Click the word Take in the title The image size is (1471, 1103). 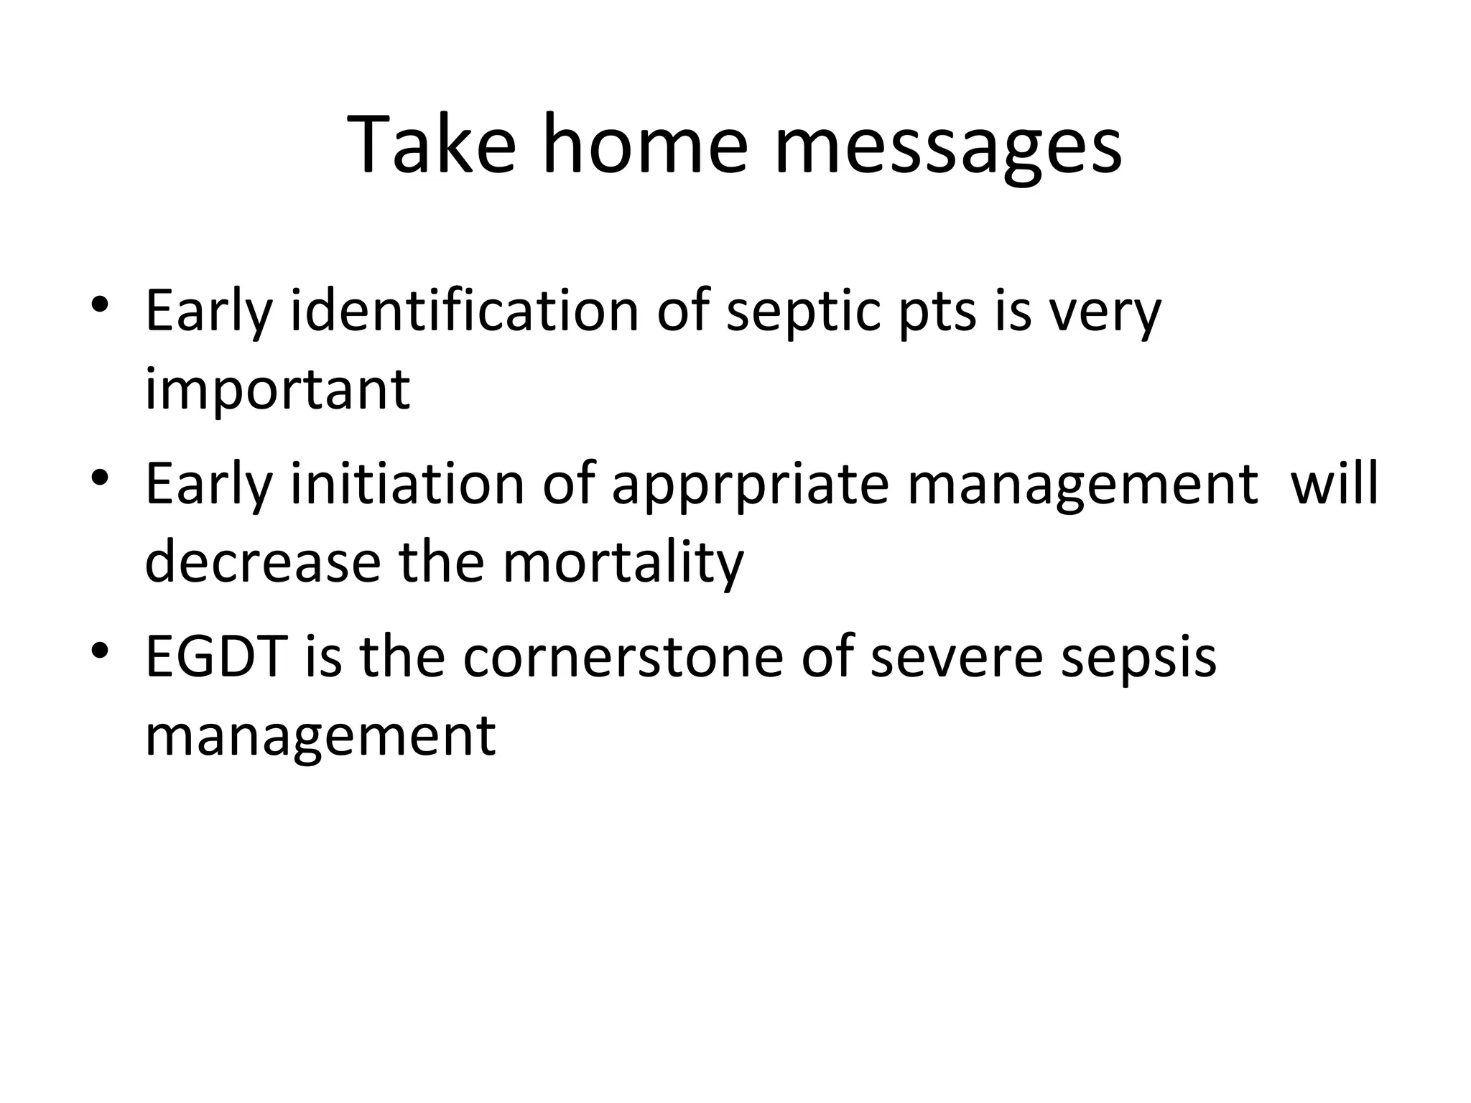(432, 144)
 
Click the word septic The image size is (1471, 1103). (803, 313)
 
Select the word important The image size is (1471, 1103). (277, 391)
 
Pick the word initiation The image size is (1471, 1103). (407, 484)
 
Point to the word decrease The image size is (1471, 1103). (262, 562)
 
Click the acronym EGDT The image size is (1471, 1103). (216, 657)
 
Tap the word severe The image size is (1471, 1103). (956, 658)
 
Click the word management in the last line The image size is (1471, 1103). (320, 736)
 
